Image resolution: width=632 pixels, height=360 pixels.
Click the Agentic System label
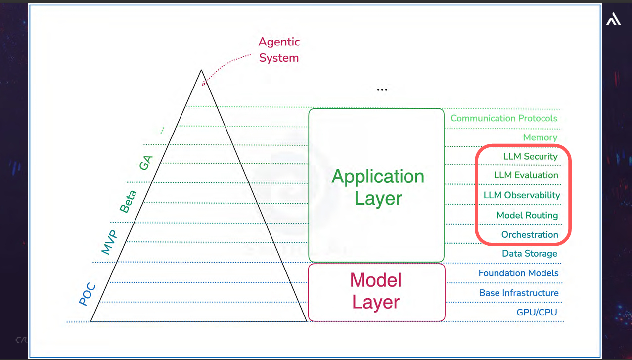point(279,50)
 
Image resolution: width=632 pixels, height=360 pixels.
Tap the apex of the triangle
point(201,71)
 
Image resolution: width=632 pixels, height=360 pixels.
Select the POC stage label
point(87,295)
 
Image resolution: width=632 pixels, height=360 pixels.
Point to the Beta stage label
point(128,201)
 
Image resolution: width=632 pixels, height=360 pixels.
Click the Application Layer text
point(378,187)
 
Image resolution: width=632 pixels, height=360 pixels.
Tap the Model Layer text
point(376,291)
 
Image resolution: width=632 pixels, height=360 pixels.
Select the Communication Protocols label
point(504,118)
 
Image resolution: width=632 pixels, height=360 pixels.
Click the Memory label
point(540,137)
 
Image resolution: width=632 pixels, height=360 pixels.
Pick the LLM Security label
point(530,156)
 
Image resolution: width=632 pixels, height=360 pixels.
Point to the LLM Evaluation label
point(526,175)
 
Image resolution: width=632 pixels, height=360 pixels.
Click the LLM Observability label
point(522,195)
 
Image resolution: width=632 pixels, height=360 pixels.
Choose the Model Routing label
point(527,215)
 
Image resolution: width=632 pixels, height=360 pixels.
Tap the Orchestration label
point(530,235)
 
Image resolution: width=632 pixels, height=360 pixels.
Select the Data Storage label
point(530,254)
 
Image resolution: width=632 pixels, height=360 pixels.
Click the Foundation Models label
point(518,273)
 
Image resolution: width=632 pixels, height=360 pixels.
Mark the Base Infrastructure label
point(519,293)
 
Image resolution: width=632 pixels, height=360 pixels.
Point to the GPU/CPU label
point(537,312)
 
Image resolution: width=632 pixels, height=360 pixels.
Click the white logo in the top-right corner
point(613,20)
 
